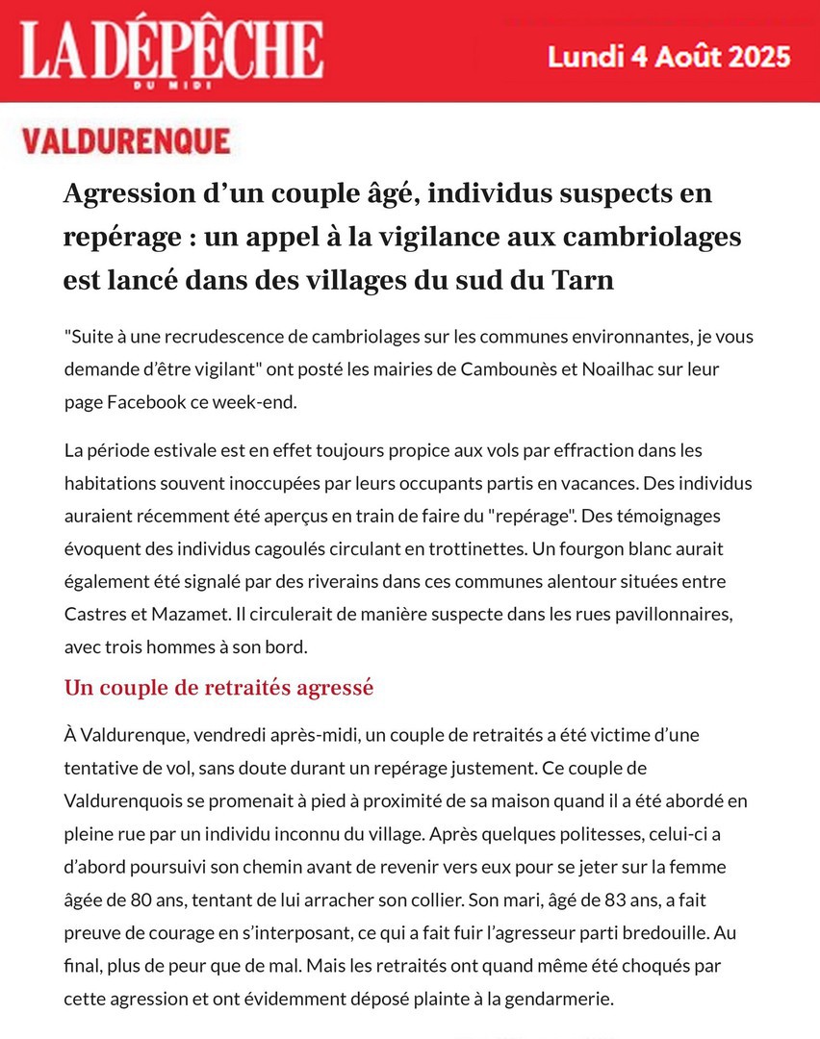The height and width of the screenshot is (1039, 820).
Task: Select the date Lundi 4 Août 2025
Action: click(669, 55)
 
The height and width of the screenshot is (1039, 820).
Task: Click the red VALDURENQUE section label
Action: click(126, 141)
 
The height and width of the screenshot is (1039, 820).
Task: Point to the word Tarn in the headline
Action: click(582, 281)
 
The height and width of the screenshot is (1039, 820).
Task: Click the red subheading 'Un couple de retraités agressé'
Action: click(218, 688)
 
